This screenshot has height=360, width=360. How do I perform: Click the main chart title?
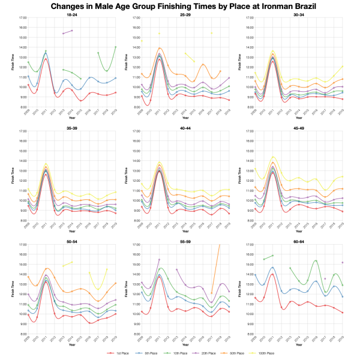(x=180, y=5)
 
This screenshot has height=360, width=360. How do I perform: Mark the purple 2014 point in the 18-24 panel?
(x=72, y=30)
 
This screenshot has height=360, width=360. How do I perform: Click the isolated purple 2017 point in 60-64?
(x=325, y=278)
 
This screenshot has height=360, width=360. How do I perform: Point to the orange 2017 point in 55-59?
(x=211, y=293)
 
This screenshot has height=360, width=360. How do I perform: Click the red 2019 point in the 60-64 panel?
(x=342, y=313)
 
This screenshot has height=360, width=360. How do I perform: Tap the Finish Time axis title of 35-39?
(x=13, y=176)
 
